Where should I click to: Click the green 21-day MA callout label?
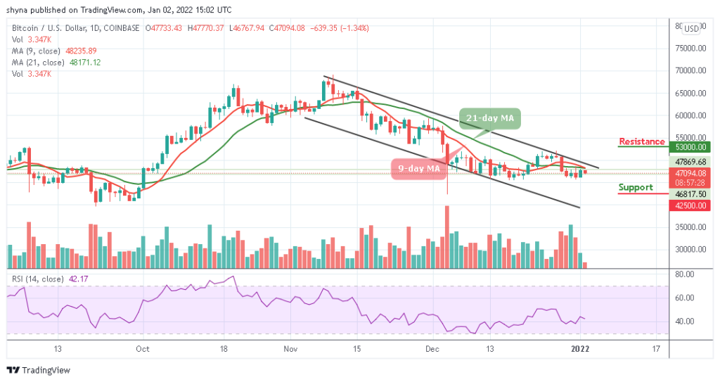tap(489, 118)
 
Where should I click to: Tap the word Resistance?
tap(641, 141)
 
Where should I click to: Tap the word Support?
tap(635, 188)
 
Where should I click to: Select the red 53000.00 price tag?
tap(690, 147)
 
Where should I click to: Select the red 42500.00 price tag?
tap(690, 205)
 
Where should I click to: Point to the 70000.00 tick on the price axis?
tap(690, 70)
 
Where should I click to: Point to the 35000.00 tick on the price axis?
tap(690, 227)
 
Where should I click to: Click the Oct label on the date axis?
tap(143, 349)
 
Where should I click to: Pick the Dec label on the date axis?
tap(432, 349)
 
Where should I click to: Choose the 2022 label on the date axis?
tap(581, 349)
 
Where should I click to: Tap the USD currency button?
tap(692, 29)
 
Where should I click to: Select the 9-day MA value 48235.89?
tap(82, 51)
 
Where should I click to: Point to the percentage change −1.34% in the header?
tap(354, 28)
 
